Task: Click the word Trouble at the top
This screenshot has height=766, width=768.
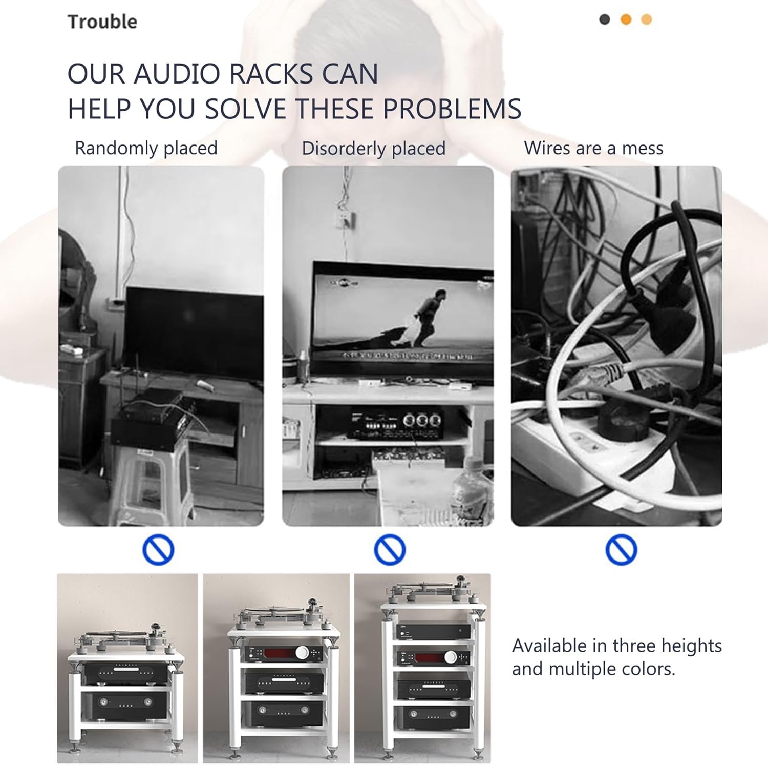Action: [x=102, y=22]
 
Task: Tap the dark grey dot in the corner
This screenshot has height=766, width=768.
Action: [x=605, y=19]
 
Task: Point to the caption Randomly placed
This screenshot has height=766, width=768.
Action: [x=146, y=148]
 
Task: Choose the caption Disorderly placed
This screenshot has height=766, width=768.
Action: [x=373, y=149]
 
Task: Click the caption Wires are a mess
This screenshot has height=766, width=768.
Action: [x=593, y=148]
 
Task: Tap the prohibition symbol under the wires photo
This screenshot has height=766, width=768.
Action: [x=621, y=550]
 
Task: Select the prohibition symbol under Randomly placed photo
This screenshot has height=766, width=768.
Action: [x=158, y=550]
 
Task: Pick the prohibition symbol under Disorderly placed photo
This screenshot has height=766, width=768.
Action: [x=390, y=550]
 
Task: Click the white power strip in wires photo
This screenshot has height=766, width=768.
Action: [x=579, y=451]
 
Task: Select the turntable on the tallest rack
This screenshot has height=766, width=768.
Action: [x=430, y=592]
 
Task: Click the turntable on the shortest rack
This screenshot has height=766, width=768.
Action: [x=123, y=640]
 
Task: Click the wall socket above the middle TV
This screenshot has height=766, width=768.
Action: [x=347, y=220]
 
